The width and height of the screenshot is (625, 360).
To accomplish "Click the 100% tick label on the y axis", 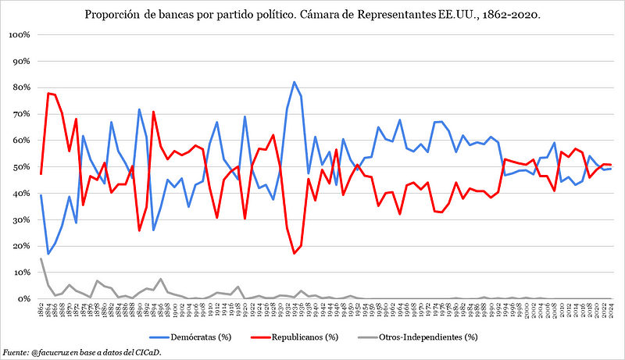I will pos(17,35).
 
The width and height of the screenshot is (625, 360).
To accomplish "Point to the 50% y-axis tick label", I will pos(19,167).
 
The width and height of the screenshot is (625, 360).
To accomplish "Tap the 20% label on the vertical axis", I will pos(19,246).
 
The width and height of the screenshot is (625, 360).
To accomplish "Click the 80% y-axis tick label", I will pos(19,87).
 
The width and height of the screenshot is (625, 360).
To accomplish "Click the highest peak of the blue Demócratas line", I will pos(294,82).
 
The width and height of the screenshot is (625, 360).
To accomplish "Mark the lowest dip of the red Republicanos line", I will pos(294,253).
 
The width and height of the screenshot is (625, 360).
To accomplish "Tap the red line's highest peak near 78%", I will pos(48,94).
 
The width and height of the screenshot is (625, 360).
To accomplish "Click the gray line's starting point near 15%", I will pos(41,258).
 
